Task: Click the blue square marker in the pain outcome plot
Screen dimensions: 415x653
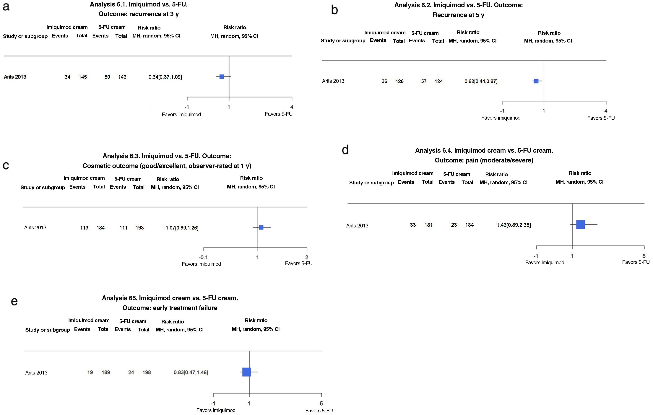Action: coord(580,224)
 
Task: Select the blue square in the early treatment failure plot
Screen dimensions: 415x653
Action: coord(246,372)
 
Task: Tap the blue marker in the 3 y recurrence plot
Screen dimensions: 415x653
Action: coord(222,77)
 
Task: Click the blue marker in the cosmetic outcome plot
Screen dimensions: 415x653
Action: coord(261,227)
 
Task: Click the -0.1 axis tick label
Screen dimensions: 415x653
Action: coord(203,257)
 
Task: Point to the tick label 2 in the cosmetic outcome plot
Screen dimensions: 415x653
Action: coord(307,257)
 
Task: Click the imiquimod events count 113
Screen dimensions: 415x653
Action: coord(84,228)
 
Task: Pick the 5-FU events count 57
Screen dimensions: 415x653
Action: coord(424,81)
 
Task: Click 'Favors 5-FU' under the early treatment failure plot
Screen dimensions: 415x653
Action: coord(319,410)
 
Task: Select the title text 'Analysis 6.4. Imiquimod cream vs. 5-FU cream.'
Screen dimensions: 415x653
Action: coord(484,150)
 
